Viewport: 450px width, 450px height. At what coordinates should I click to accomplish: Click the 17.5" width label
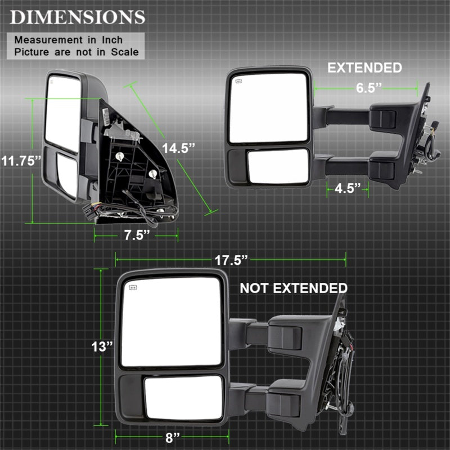pyautogui.click(x=231, y=259)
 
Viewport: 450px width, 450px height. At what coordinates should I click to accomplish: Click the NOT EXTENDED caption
pyautogui.click(x=293, y=289)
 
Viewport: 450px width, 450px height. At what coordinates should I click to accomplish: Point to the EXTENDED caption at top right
pyautogui.click(x=364, y=68)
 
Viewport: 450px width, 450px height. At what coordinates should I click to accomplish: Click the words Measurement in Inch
pyautogui.click(x=68, y=40)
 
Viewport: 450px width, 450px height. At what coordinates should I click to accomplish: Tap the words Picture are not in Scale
pyautogui.click(x=76, y=52)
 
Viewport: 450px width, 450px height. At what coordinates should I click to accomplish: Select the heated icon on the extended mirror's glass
pyautogui.click(x=238, y=82)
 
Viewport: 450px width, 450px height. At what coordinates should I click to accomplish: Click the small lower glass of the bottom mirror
pyautogui.click(x=183, y=397)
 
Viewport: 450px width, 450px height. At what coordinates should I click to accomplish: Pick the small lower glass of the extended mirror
pyautogui.click(x=278, y=165)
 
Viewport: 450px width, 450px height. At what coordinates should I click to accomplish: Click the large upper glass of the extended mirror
pyautogui.click(x=269, y=108)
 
